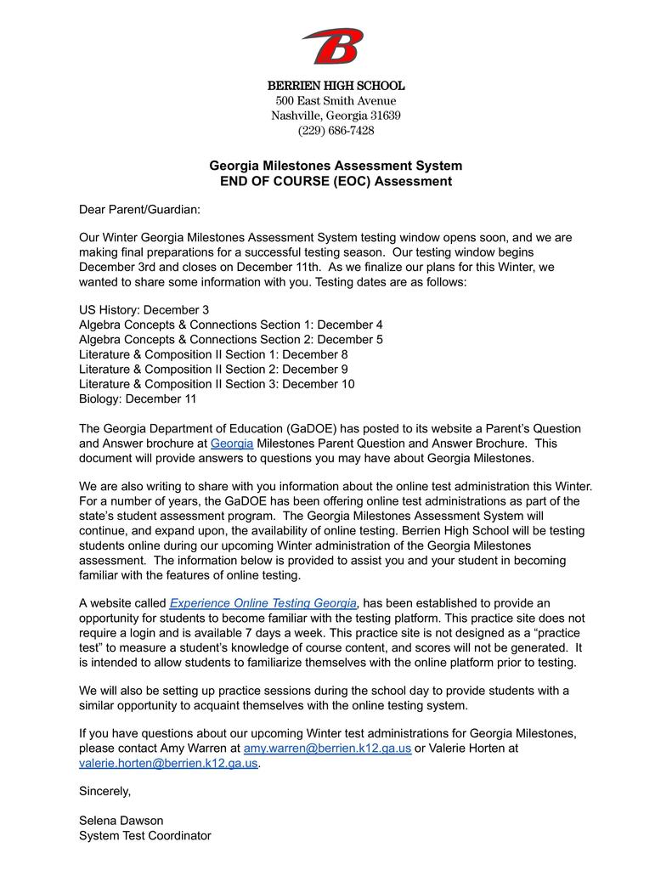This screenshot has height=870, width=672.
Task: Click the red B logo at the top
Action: coord(333,46)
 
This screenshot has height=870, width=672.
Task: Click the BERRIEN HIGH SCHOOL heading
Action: coord(336,86)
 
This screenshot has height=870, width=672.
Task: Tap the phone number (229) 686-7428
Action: coord(336,131)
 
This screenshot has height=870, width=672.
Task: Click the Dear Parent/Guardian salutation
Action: coord(139,209)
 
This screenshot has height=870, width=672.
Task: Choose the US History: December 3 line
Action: coord(144,310)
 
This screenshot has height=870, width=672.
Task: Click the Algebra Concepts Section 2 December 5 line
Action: coord(230,340)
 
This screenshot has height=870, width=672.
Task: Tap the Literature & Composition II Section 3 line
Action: coord(217,384)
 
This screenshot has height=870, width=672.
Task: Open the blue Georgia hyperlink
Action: coord(232,443)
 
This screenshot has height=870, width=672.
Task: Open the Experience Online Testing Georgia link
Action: coord(263,603)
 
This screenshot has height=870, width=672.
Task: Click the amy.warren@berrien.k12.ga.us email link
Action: coord(327,749)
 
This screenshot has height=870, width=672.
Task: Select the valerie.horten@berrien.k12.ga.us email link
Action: coord(168,763)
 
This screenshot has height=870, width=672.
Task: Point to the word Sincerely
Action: coord(104,791)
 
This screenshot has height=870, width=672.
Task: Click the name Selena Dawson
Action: coord(121,821)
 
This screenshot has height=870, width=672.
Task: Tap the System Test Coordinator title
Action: coord(144,836)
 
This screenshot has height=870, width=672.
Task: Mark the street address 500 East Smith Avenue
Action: coord(336,101)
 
